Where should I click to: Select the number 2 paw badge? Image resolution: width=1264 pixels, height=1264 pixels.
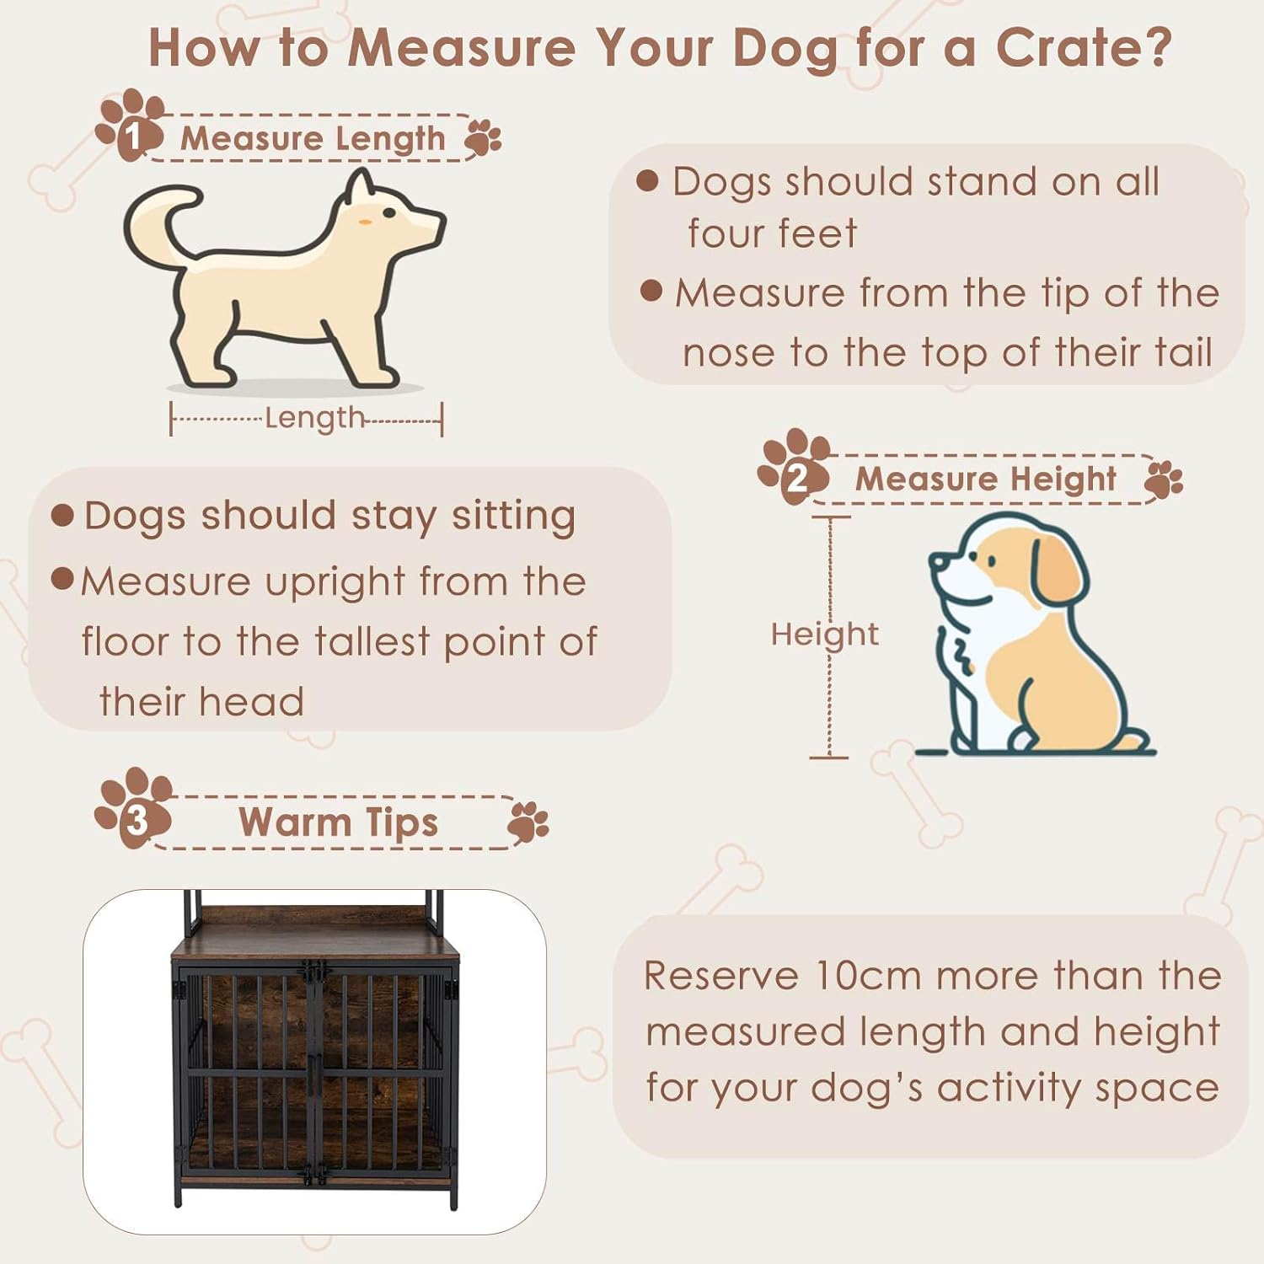click(795, 469)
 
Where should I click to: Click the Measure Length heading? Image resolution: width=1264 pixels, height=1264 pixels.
click(313, 138)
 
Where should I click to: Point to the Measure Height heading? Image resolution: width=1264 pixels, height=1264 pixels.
click(985, 479)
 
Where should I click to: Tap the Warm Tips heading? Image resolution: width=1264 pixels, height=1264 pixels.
click(338, 822)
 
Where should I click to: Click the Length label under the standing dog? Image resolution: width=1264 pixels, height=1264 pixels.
click(313, 418)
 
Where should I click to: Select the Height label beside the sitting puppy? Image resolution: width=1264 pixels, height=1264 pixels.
click(824, 634)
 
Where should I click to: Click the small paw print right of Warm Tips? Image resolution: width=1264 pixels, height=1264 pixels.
click(528, 822)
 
